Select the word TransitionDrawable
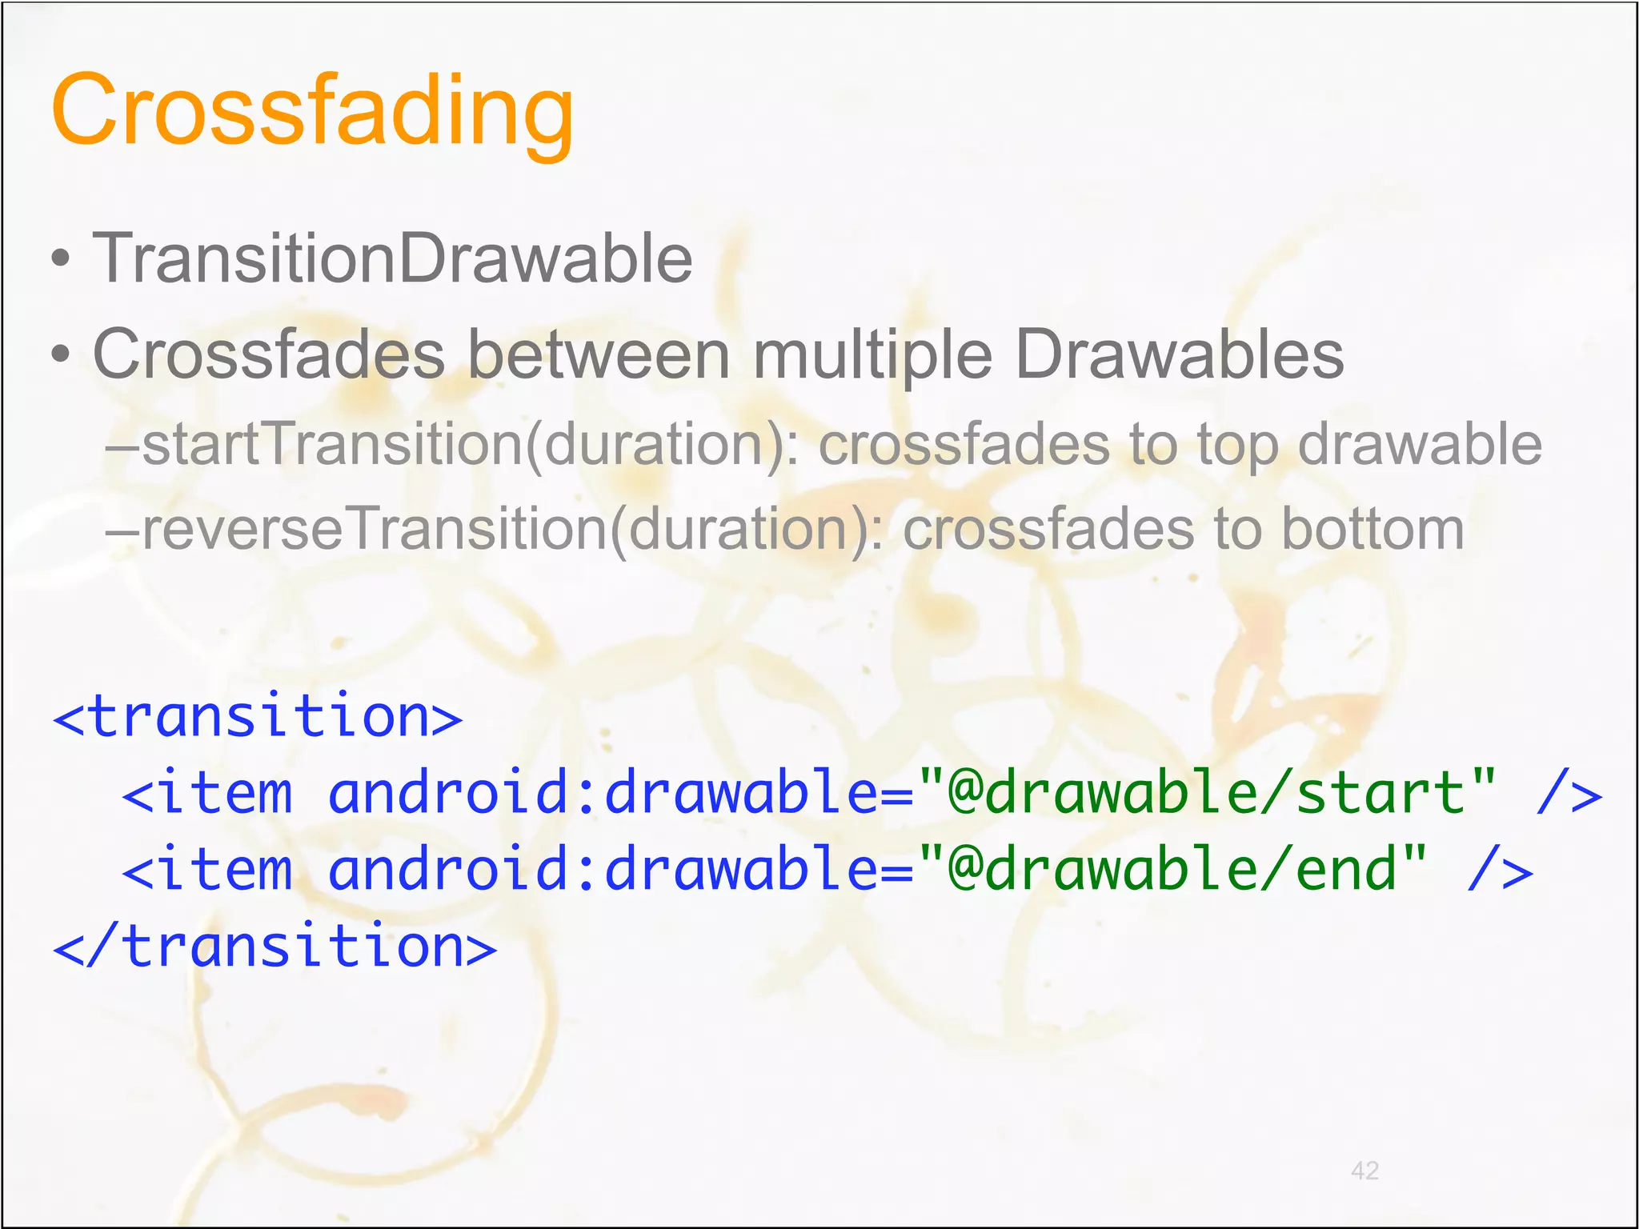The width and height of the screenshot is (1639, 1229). [x=392, y=258]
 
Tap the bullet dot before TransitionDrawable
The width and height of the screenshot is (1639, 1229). [x=61, y=260]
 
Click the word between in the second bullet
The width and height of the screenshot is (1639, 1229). [x=599, y=354]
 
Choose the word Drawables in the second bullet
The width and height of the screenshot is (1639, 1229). [x=1180, y=354]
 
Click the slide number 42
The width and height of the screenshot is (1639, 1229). [x=1364, y=1171]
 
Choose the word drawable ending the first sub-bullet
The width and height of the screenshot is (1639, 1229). [x=1419, y=445]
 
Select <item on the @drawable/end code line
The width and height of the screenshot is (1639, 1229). [x=207, y=871]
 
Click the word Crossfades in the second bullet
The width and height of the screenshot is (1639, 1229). [x=269, y=354]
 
